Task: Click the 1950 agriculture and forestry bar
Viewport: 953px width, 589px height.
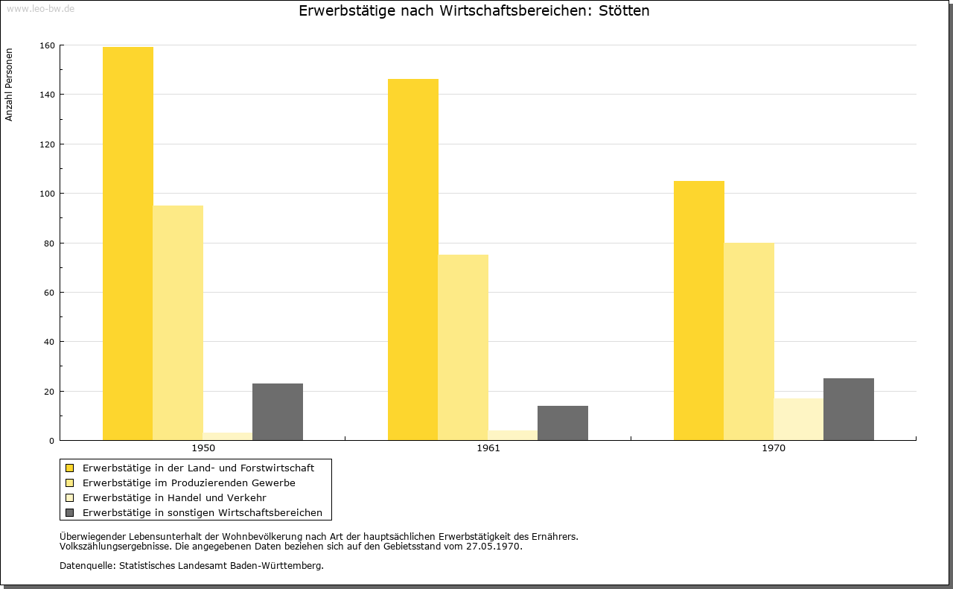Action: coord(127,243)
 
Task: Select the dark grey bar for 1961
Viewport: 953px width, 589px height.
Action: coord(562,423)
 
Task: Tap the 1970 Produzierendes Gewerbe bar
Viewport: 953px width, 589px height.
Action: coord(749,341)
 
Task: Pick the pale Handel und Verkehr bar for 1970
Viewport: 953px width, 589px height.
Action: coord(799,419)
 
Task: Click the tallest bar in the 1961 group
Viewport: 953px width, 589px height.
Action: coord(412,260)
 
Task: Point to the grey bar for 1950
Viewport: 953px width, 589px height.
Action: coord(278,412)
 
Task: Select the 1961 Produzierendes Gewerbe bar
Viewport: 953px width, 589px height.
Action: coord(463,347)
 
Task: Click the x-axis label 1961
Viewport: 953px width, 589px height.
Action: coord(488,448)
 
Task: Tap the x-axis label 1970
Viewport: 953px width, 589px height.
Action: coord(774,448)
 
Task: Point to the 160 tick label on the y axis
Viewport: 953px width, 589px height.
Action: coord(47,45)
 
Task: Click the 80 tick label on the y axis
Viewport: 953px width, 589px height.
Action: coord(49,243)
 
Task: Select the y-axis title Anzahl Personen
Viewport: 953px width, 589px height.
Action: coord(9,85)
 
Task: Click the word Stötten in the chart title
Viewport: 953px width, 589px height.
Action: coord(624,10)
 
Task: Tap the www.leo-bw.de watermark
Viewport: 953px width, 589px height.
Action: coord(40,8)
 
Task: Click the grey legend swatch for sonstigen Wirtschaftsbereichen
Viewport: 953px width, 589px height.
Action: coord(69,512)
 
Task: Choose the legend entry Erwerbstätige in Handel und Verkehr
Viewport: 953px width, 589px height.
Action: coord(174,497)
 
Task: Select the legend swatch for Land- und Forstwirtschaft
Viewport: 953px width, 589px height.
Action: coord(69,468)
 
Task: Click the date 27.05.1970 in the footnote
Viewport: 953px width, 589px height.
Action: coord(493,546)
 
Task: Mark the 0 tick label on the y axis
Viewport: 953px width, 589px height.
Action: coord(52,441)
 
